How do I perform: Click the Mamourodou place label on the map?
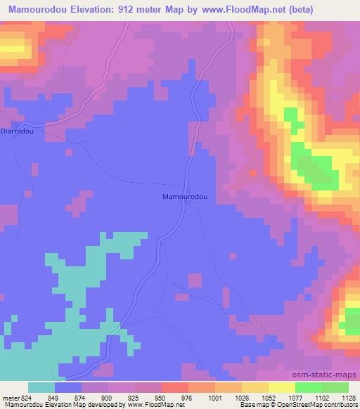[x=185, y=197]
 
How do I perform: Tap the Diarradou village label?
[x=16, y=130]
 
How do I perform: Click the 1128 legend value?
[x=347, y=397]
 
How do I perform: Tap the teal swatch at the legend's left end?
[x=41, y=387]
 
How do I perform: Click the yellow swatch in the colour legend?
[x=281, y=387]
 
